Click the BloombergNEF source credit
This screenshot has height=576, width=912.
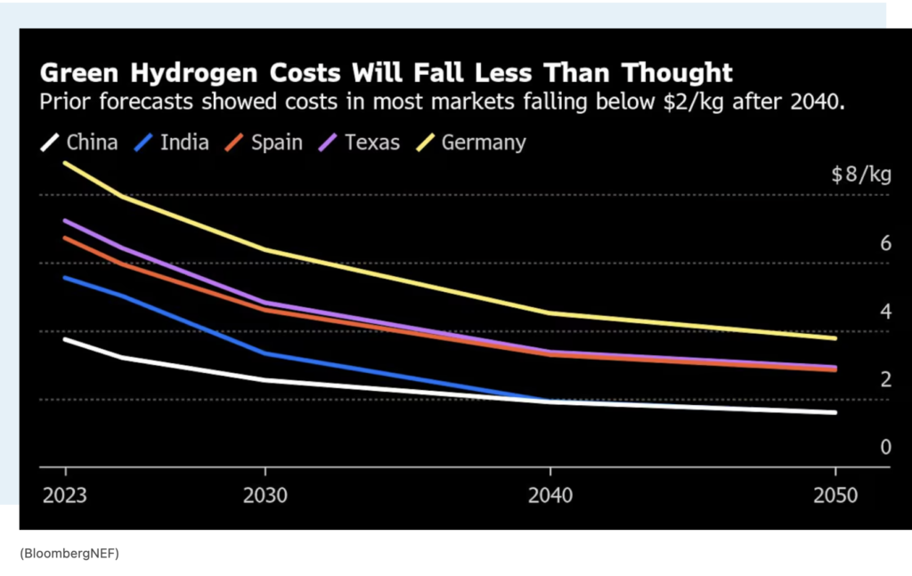tap(69, 554)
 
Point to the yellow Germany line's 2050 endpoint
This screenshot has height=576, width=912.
tap(835, 338)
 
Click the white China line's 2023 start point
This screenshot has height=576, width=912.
tap(64, 339)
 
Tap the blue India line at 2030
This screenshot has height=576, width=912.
tap(265, 353)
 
